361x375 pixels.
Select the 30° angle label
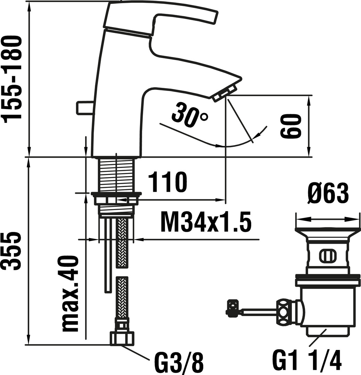[x=190, y=114]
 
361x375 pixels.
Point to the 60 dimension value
[x=290, y=126]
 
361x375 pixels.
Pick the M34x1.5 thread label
[x=206, y=222]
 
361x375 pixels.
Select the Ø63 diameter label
[x=328, y=193]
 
